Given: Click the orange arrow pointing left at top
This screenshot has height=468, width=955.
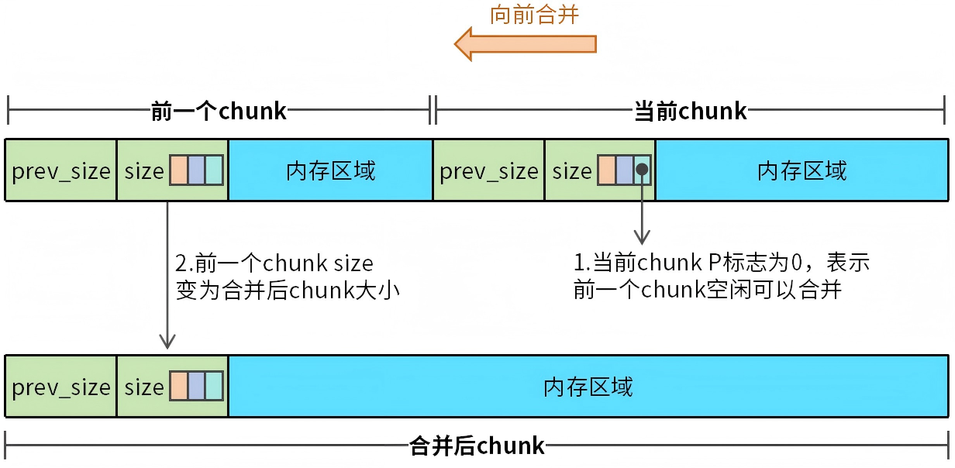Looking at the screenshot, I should coord(525,43).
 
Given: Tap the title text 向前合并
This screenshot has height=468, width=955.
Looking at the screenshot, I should coord(535,14).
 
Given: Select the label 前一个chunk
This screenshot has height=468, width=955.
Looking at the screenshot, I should coord(219,112).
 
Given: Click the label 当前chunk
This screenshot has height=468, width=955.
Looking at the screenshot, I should coord(691,112).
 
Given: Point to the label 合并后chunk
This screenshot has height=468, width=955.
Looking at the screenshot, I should coord(477,446).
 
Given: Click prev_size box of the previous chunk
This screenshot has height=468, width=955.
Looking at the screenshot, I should coord(61,170).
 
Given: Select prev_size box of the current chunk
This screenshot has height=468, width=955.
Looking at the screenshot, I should coord(489,170).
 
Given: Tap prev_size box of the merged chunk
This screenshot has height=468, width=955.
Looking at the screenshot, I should coord(61,387).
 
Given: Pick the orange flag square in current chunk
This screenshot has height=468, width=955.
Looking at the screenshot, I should coord(606,170).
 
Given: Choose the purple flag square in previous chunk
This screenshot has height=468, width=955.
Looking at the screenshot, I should coord(196,170).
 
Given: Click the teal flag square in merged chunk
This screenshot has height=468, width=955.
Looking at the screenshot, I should coord(214,387).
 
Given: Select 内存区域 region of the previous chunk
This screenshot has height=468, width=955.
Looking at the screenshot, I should coord(330,170).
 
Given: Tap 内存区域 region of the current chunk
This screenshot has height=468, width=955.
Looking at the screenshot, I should coord(802,170).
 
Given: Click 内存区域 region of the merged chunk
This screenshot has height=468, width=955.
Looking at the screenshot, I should coord(588,387).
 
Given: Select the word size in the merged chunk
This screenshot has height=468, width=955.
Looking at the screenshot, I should coord(144,387).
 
